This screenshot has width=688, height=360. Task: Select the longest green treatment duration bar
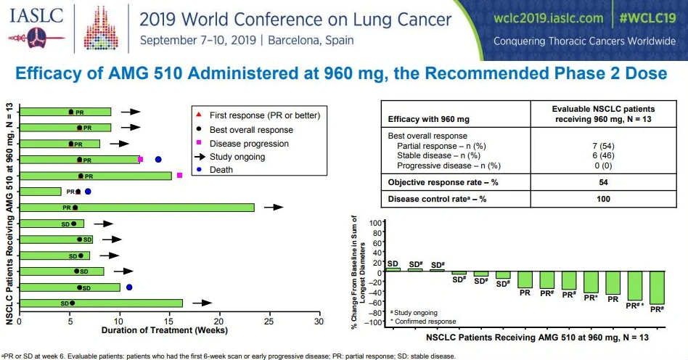(137, 208)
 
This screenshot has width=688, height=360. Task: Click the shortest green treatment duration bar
(41, 192)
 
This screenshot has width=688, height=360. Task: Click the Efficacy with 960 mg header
(429, 119)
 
